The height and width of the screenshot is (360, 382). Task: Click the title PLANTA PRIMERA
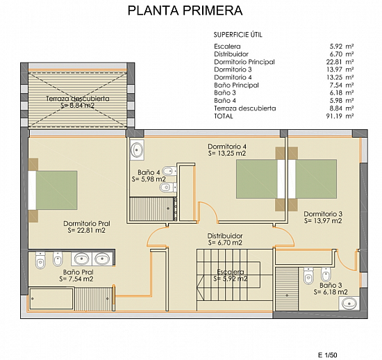point(185,10)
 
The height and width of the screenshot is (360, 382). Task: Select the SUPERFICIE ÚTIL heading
point(238,35)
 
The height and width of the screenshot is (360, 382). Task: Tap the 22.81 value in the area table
point(335,62)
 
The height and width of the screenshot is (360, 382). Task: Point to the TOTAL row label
point(224,116)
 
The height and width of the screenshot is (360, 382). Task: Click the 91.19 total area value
point(335,116)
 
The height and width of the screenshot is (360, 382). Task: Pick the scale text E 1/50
point(328,355)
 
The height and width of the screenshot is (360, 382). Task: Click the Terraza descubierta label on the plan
point(78,99)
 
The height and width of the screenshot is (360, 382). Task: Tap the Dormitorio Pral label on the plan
point(87,224)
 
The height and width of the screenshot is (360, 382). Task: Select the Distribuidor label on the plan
point(225,236)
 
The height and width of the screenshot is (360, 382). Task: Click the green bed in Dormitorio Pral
point(56,190)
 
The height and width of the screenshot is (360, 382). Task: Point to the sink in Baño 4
point(137,149)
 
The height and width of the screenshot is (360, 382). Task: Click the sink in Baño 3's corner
point(349,304)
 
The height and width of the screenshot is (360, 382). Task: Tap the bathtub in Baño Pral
point(51,299)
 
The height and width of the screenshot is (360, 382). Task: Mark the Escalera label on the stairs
point(231,272)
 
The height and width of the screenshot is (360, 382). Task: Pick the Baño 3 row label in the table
point(225,93)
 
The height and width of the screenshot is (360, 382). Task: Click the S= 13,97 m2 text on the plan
point(323,221)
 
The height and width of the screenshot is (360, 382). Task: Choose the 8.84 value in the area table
point(335,108)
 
